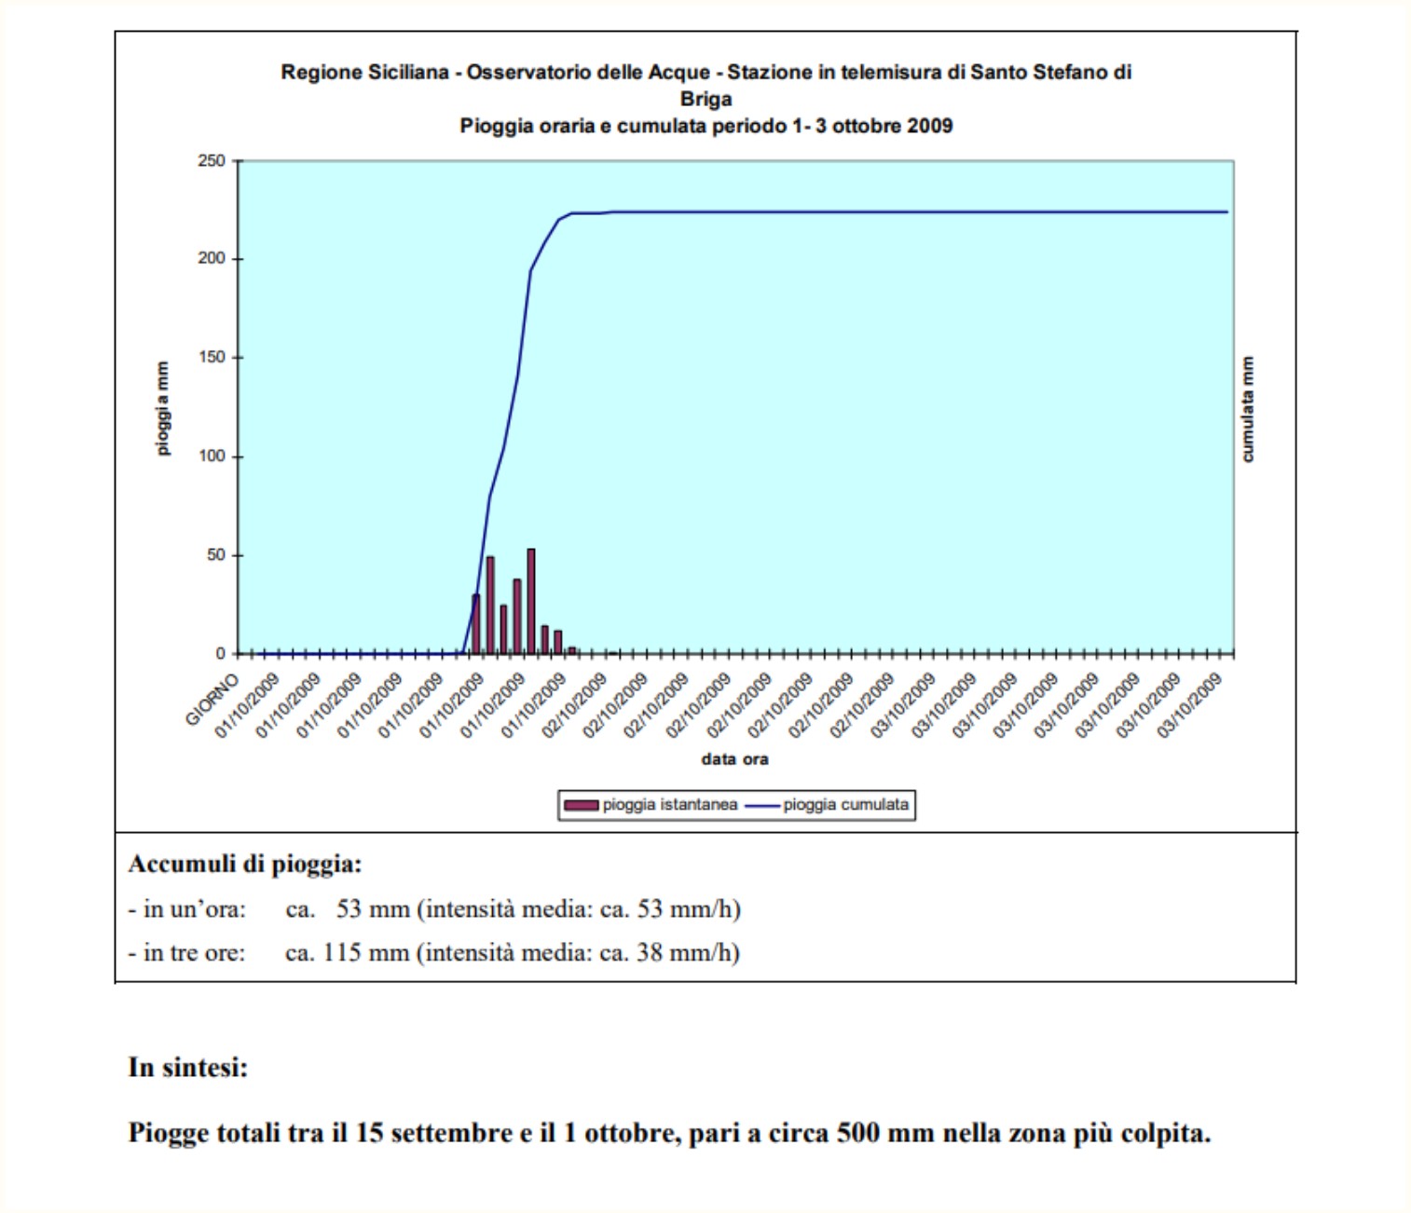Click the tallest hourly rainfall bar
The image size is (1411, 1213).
(x=531, y=601)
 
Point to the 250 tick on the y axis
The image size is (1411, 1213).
(x=212, y=161)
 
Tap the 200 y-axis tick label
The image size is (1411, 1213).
(x=212, y=259)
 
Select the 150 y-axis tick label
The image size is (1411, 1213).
(x=212, y=357)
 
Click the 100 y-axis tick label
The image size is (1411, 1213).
(x=212, y=456)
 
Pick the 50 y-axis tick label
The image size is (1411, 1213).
(x=216, y=554)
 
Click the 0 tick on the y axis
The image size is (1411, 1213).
(x=221, y=654)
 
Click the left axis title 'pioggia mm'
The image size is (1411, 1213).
(x=162, y=408)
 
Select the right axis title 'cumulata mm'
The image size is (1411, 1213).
(x=1248, y=409)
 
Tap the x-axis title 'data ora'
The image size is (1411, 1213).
(x=735, y=759)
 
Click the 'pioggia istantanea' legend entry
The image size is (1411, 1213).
(x=651, y=805)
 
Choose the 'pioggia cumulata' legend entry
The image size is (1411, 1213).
(x=827, y=805)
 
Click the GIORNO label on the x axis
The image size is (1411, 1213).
(x=212, y=700)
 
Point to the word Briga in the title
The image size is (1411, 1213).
(x=705, y=99)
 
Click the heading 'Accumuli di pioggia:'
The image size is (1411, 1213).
(x=245, y=865)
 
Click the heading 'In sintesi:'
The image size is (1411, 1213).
(x=188, y=1068)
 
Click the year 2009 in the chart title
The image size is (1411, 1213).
(x=930, y=126)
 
